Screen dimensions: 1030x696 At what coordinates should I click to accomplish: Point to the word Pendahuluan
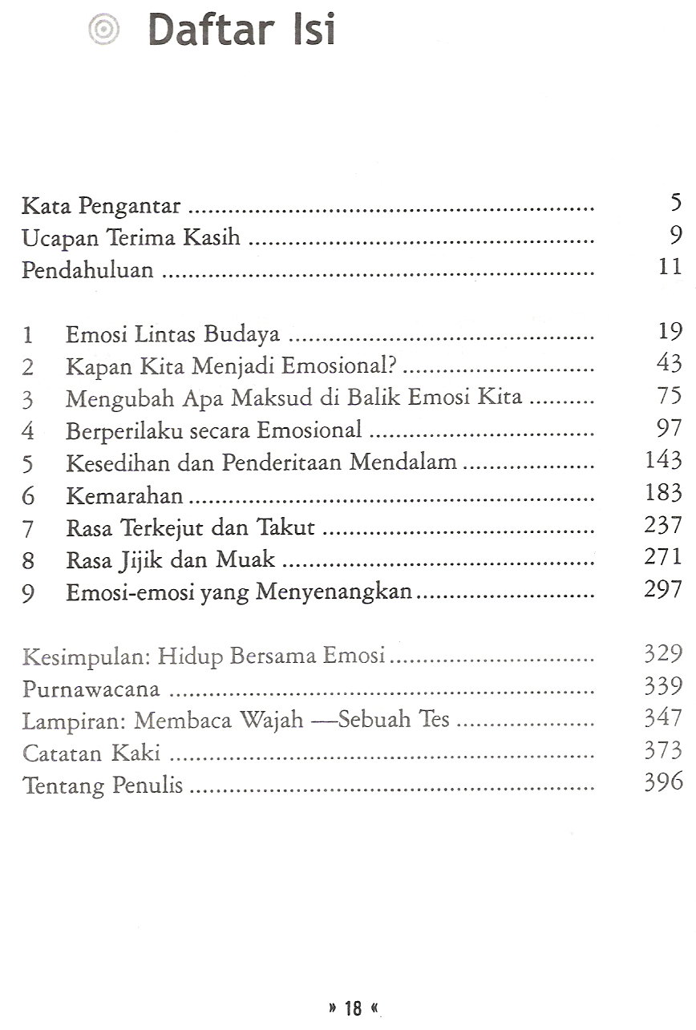pos(87,269)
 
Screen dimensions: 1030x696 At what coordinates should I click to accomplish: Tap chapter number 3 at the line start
pos(28,398)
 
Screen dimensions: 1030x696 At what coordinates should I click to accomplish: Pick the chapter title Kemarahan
pos(125,495)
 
